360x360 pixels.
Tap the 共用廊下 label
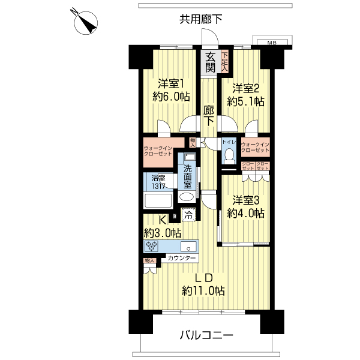point(200,19)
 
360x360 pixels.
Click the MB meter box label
point(271,43)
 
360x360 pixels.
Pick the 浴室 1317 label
point(158,181)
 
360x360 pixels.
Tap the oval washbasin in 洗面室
point(187,197)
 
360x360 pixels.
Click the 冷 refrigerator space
point(188,214)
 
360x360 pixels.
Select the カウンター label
point(182,258)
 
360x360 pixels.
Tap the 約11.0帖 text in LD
point(203,291)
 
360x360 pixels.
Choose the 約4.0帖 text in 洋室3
point(245,214)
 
